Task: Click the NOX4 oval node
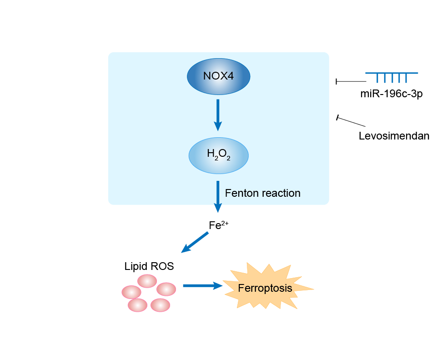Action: [x=218, y=76]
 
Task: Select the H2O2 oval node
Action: [x=218, y=155]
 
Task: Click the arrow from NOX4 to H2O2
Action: [x=218, y=115]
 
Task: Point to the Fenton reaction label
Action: [x=262, y=193]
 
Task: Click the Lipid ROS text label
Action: [x=149, y=266]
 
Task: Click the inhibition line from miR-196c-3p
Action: [x=351, y=81]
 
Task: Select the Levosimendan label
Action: [x=394, y=135]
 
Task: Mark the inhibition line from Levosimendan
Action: [x=351, y=121]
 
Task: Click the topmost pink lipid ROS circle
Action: [x=147, y=281]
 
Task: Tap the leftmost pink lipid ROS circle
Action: [x=131, y=292]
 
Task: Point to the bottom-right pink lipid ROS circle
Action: [x=160, y=305]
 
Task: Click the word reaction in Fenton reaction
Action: [x=281, y=193]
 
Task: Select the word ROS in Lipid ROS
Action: [x=163, y=266]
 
